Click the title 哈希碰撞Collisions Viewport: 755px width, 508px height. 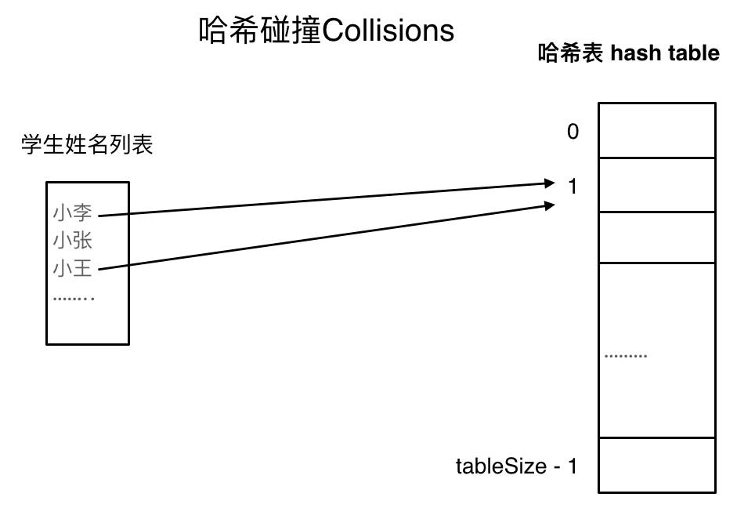[327, 31]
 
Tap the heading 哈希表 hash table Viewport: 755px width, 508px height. [628, 53]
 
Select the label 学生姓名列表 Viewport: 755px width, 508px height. [87, 145]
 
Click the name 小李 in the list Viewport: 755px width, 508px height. [73, 212]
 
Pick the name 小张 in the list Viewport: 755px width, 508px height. [73, 240]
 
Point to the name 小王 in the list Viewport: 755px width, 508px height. [73, 269]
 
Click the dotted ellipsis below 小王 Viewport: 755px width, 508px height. [74, 299]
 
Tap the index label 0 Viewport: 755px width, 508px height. [573, 132]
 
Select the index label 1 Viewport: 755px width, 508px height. [573, 187]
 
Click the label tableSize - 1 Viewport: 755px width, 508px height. [516, 466]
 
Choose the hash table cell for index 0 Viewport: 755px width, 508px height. [656, 130]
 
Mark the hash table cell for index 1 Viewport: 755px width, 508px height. [656, 185]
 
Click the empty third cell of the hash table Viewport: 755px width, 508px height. [656, 238]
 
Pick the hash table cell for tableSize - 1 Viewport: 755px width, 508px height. [656, 465]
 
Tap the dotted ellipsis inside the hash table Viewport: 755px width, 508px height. [626, 356]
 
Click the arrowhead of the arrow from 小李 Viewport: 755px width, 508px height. [548, 184]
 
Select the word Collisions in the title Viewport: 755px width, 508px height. [388, 31]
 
